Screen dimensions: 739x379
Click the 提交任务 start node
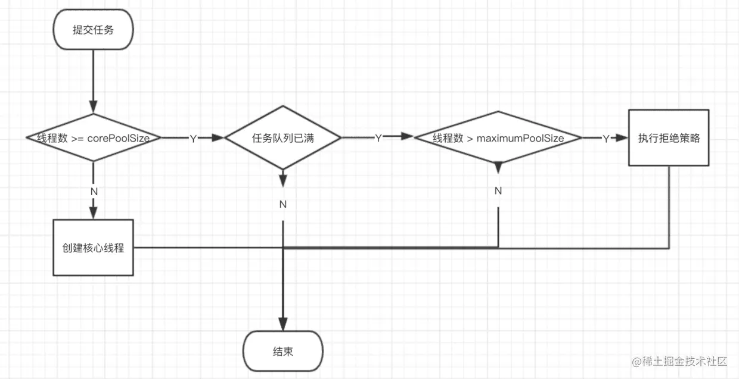point(94,30)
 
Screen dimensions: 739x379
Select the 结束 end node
point(282,352)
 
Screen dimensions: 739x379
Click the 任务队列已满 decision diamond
point(282,137)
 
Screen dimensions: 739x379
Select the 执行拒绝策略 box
point(669,137)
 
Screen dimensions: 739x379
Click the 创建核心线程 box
point(94,248)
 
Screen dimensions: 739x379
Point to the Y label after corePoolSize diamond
point(193,139)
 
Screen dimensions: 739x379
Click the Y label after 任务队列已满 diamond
point(378,138)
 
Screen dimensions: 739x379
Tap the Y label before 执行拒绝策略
point(606,139)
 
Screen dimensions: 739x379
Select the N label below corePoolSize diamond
point(94,192)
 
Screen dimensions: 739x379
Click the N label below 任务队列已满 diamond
point(282,205)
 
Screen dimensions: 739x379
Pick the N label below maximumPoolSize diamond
point(498,190)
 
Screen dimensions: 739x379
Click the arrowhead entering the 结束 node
point(282,324)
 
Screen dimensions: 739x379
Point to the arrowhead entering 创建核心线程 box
point(94,213)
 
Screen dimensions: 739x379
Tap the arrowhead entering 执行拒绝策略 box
point(622,137)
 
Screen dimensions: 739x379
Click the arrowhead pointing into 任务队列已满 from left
point(218,137)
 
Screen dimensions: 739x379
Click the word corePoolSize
point(119,138)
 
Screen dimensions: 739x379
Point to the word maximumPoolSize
point(520,138)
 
